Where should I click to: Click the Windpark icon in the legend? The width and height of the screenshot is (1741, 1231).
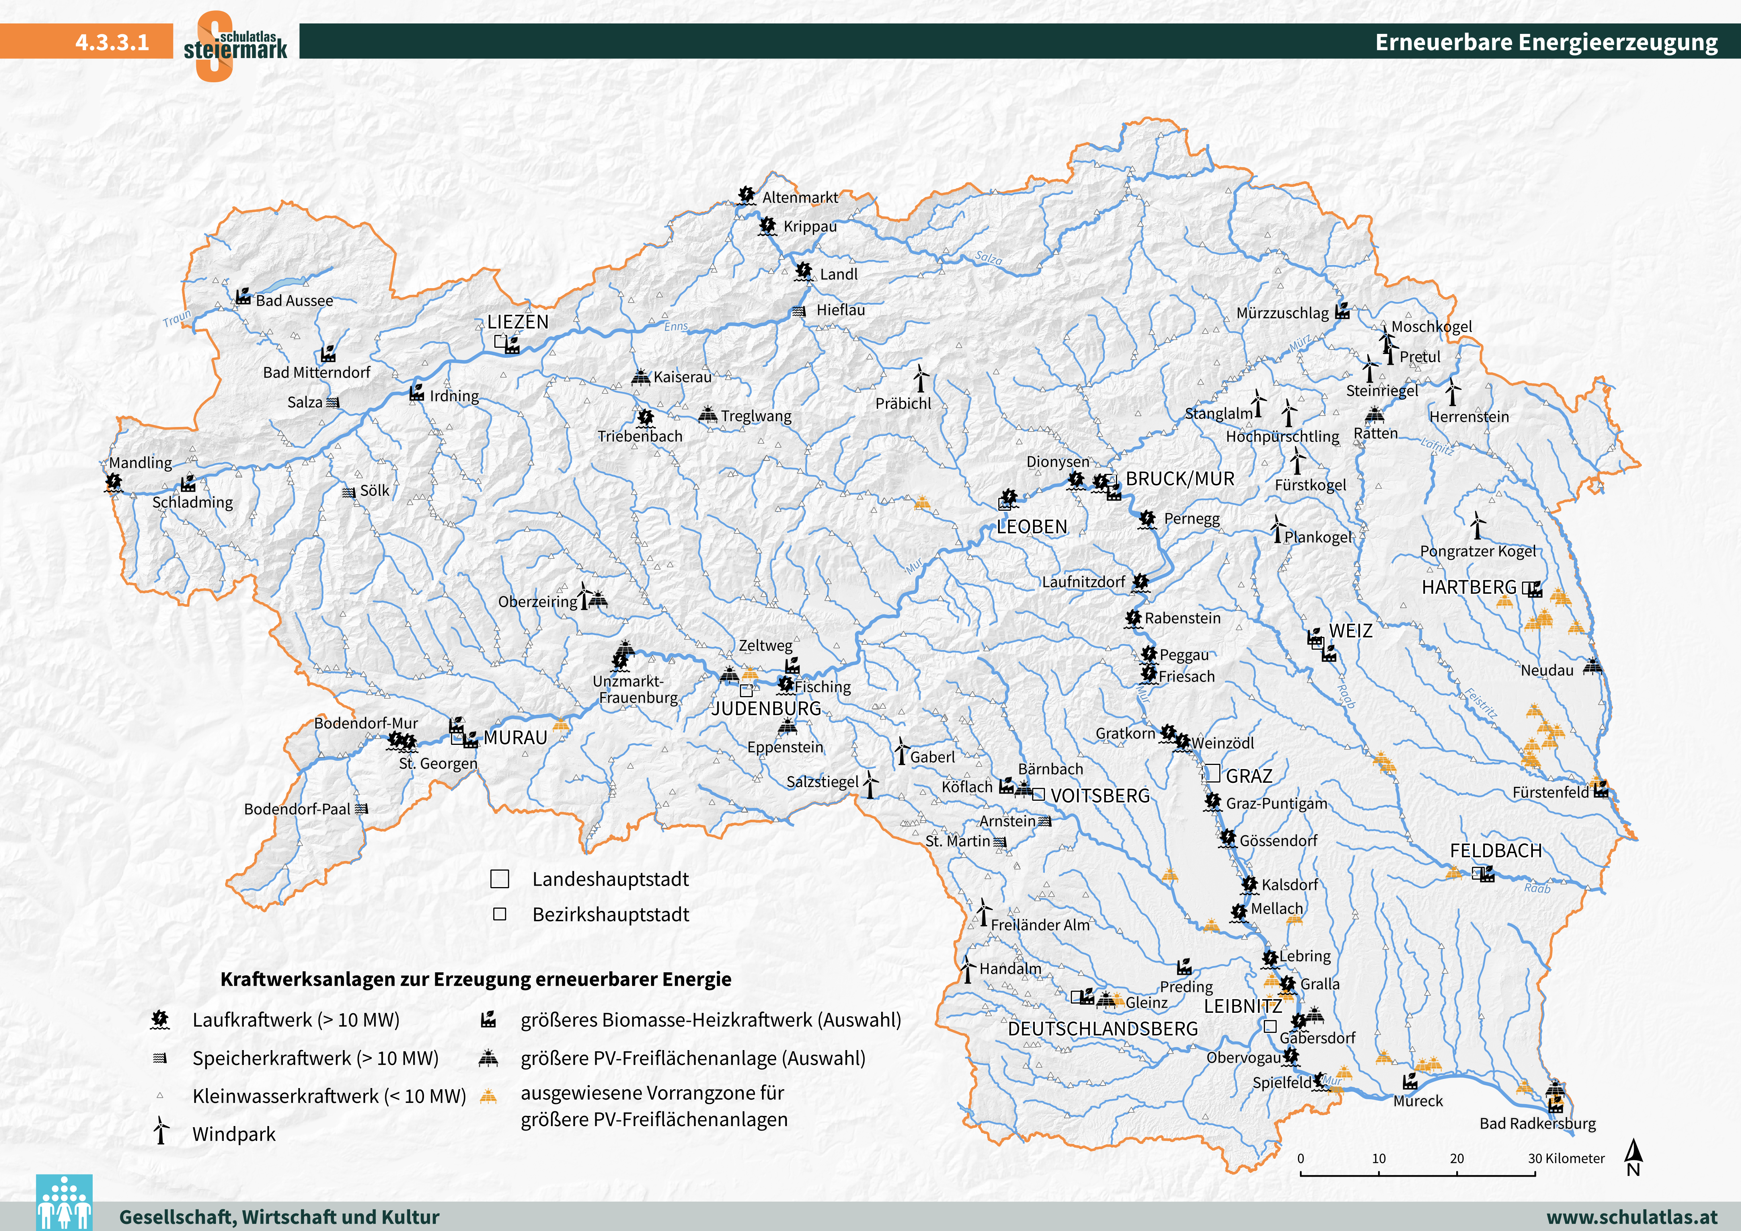tap(161, 1130)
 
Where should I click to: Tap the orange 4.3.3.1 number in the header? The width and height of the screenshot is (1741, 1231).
tap(112, 42)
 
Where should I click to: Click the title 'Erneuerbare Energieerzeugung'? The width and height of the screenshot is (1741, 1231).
tap(1546, 42)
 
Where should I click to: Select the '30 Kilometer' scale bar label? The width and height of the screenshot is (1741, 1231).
tap(1566, 1158)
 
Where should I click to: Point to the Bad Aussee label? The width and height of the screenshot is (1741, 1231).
tap(294, 300)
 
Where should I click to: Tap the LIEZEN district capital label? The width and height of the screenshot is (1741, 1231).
tap(518, 322)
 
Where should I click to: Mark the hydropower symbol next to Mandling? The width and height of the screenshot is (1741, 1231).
tap(114, 482)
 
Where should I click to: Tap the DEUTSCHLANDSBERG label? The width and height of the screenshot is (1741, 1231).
tap(1103, 1029)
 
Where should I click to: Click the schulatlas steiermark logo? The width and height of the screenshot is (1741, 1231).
tap(235, 45)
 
